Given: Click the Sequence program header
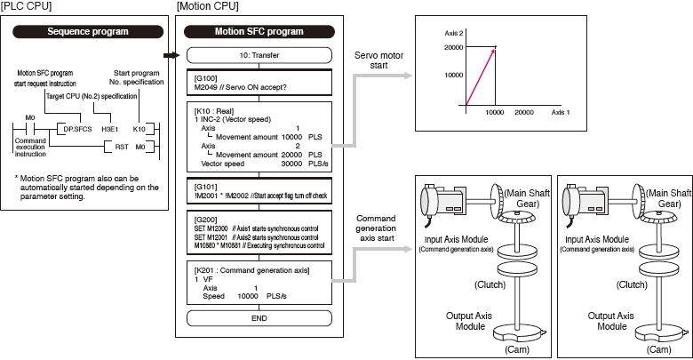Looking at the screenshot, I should pyautogui.click(x=86, y=31).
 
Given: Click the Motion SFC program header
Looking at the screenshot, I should pyautogui.click(x=259, y=31).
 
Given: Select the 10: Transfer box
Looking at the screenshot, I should pyautogui.click(x=259, y=55).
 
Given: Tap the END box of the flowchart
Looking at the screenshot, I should pyautogui.click(x=259, y=317).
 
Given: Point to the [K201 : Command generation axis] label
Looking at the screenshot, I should pyautogui.click(x=251, y=269).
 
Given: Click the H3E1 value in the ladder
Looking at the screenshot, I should pyautogui.click(x=110, y=128).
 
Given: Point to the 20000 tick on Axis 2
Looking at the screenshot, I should pyautogui.click(x=452, y=47).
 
